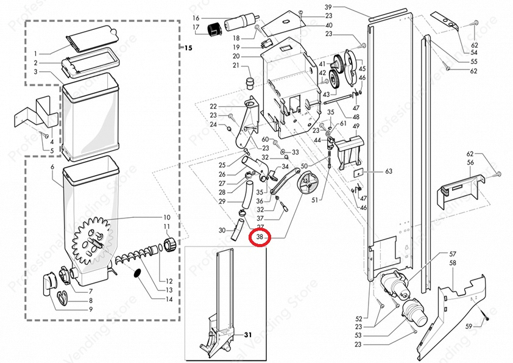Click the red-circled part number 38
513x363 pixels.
(260, 237)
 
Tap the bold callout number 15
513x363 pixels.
(188, 48)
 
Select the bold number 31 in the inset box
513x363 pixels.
(248, 335)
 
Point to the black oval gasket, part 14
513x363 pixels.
(138, 273)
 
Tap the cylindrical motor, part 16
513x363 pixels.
(238, 23)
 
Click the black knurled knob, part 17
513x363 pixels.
(215, 28)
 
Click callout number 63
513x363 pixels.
(388, 172)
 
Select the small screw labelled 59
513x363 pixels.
(486, 317)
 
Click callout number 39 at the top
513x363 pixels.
(328, 7)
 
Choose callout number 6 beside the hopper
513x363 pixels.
(53, 167)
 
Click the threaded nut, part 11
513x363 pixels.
(171, 245)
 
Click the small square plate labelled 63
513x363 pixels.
(358, 173)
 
